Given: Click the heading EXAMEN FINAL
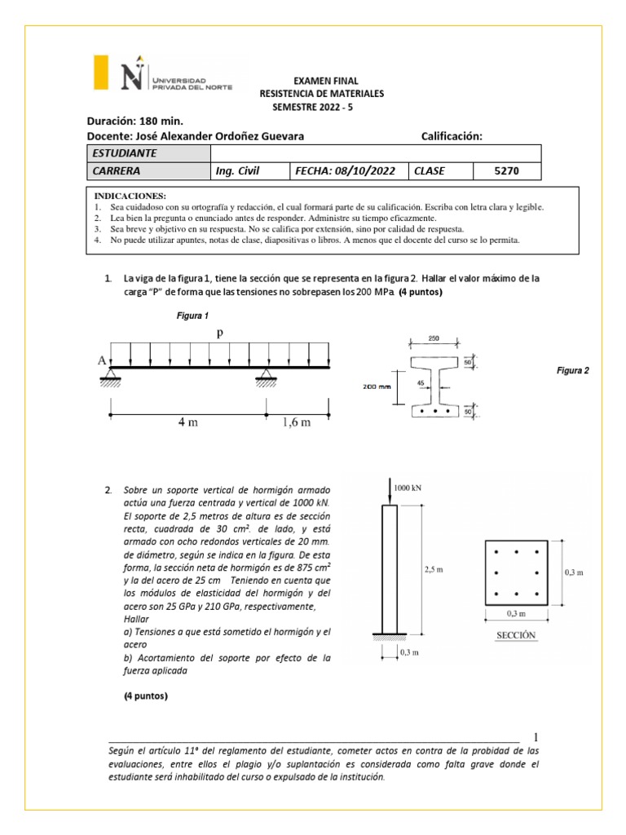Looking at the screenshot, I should coord(320,82).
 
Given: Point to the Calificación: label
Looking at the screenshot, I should coord(452,136).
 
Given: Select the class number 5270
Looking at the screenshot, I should coord(506,171).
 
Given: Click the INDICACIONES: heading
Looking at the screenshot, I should coord(130,197).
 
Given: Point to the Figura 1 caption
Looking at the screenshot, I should coord(193,316).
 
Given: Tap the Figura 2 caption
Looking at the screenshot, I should coord(572,370).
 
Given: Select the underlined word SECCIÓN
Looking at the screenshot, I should coord(516,635).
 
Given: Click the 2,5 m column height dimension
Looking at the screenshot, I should coord(434,571).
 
